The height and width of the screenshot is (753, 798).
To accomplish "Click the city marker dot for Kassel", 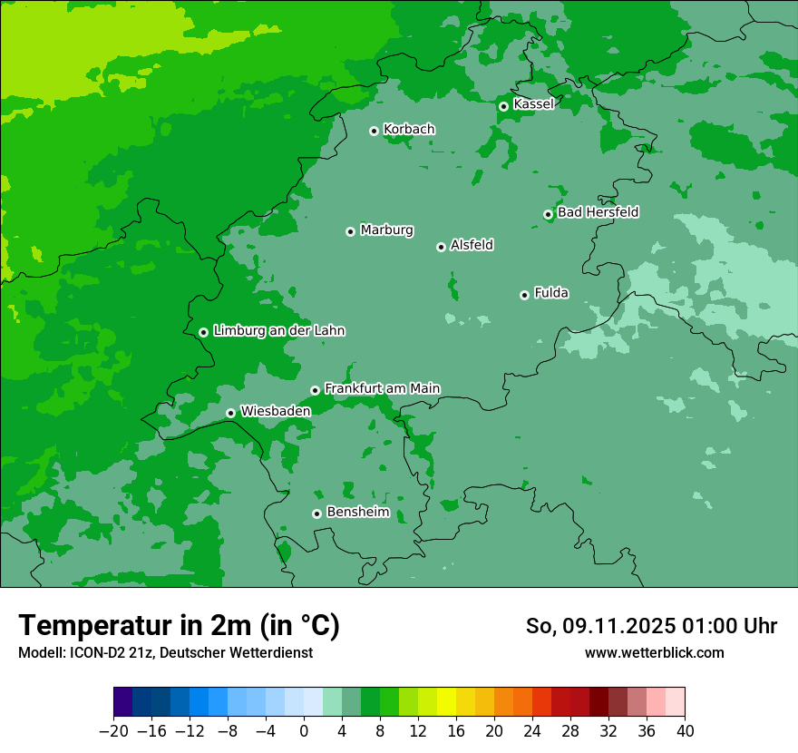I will click(503, 106).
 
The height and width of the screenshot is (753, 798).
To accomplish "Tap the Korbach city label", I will click(409, 130).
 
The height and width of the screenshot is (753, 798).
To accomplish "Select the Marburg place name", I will click(386, 230).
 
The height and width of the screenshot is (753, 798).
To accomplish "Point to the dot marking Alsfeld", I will click(441, 247).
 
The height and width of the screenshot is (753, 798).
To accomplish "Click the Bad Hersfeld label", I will click(598, 212).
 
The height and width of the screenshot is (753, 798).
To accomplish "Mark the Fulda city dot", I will click(524, 295).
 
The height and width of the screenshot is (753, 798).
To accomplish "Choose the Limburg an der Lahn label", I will click(278, 331).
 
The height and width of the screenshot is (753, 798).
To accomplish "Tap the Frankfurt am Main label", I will click(382, 388).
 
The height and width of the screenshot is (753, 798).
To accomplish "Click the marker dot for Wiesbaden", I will click(231, 413).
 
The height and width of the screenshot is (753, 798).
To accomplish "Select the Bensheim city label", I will click(357, 513).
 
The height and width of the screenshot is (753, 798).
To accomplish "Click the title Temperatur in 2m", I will click(179, 625).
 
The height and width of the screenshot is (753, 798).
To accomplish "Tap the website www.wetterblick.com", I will click(654, 652).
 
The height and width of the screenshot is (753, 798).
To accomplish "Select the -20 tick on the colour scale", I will click(113, 731).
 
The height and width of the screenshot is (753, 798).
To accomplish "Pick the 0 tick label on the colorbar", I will click(304, 731).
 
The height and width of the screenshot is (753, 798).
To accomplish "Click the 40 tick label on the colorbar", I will click(685, 731).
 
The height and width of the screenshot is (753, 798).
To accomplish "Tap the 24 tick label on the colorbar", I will click(532, 731).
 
